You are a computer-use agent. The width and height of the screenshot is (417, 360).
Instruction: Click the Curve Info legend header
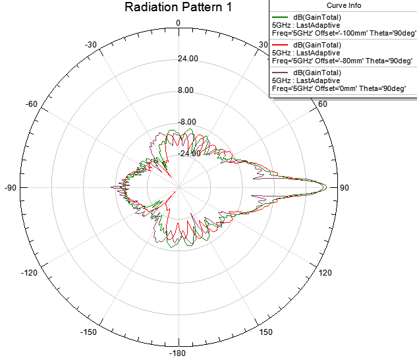point(343,5)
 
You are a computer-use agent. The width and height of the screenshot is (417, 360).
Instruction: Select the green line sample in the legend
point(283,17)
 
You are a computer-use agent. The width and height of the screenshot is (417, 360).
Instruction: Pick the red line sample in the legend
point(283,45)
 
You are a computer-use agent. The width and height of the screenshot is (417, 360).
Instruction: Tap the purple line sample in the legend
point(283,72)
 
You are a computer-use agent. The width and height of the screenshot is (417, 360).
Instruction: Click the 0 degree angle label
point(178,23)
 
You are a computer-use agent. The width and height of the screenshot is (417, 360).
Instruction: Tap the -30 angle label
point(92,45)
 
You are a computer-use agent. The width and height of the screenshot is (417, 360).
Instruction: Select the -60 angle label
point(31,105)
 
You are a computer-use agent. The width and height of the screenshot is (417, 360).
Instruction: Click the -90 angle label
point(10,188)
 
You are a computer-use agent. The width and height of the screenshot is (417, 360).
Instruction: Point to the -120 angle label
point(30,272)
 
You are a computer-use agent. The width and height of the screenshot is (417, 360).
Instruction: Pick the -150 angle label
point(90,332)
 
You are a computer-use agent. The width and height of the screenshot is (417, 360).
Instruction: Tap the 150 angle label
point(265,332)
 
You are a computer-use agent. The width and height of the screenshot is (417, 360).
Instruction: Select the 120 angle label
point(325,272)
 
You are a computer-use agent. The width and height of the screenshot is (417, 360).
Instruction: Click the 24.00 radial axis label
point(188,59)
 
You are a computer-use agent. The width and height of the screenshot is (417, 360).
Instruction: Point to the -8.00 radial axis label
point(188,122)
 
